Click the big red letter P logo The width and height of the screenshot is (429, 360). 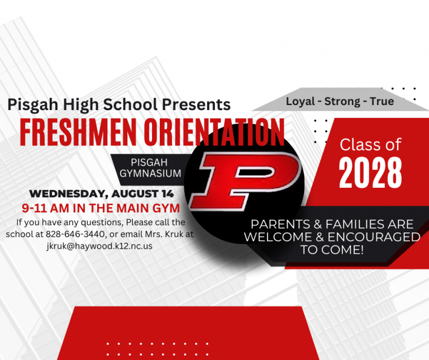pos(245,181)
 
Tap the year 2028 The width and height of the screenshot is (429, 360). pos(370,173)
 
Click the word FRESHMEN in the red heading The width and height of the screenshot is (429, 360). pos(78,132)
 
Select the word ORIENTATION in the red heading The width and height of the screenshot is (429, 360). pos(214,132)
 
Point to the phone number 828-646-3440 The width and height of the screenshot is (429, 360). pos(75,234)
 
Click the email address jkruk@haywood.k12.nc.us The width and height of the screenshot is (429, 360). pos(99,246)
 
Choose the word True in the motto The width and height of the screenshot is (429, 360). pos(382,101)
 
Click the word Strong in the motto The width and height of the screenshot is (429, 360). pos(342,102)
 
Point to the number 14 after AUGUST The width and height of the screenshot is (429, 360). pos(168,194)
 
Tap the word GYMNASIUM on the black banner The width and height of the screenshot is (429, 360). pos(150,173)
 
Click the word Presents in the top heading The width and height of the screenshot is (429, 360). pos(197,105)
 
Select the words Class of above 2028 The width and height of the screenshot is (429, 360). pos(370,144)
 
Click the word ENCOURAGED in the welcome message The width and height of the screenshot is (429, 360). pos(374,238)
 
